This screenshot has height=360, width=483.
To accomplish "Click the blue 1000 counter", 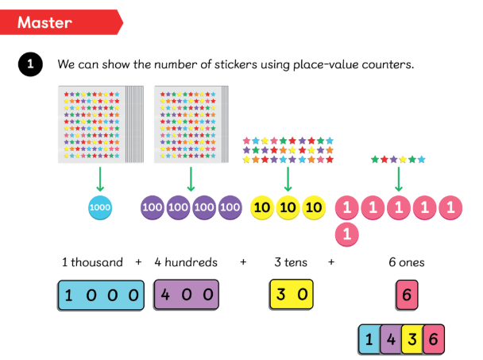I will point(100,208).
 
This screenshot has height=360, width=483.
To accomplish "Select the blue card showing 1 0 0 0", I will point(101,295).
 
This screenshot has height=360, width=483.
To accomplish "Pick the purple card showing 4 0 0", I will point(186,294).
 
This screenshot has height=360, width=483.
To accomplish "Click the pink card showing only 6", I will point(407,295).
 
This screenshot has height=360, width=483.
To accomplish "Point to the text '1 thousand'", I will point(92,261).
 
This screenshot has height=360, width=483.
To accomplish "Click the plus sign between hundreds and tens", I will point(244,261).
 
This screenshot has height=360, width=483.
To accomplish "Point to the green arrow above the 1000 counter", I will point(100,177).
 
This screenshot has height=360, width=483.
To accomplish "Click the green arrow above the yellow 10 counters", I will point(288,177).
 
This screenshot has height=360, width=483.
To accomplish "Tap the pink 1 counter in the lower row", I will point(347,234).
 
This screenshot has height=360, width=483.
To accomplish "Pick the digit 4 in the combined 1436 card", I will point(391,339).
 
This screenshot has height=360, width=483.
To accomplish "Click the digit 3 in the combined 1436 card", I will point(412,339).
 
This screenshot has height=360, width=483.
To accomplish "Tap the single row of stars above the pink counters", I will point(398,159).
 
